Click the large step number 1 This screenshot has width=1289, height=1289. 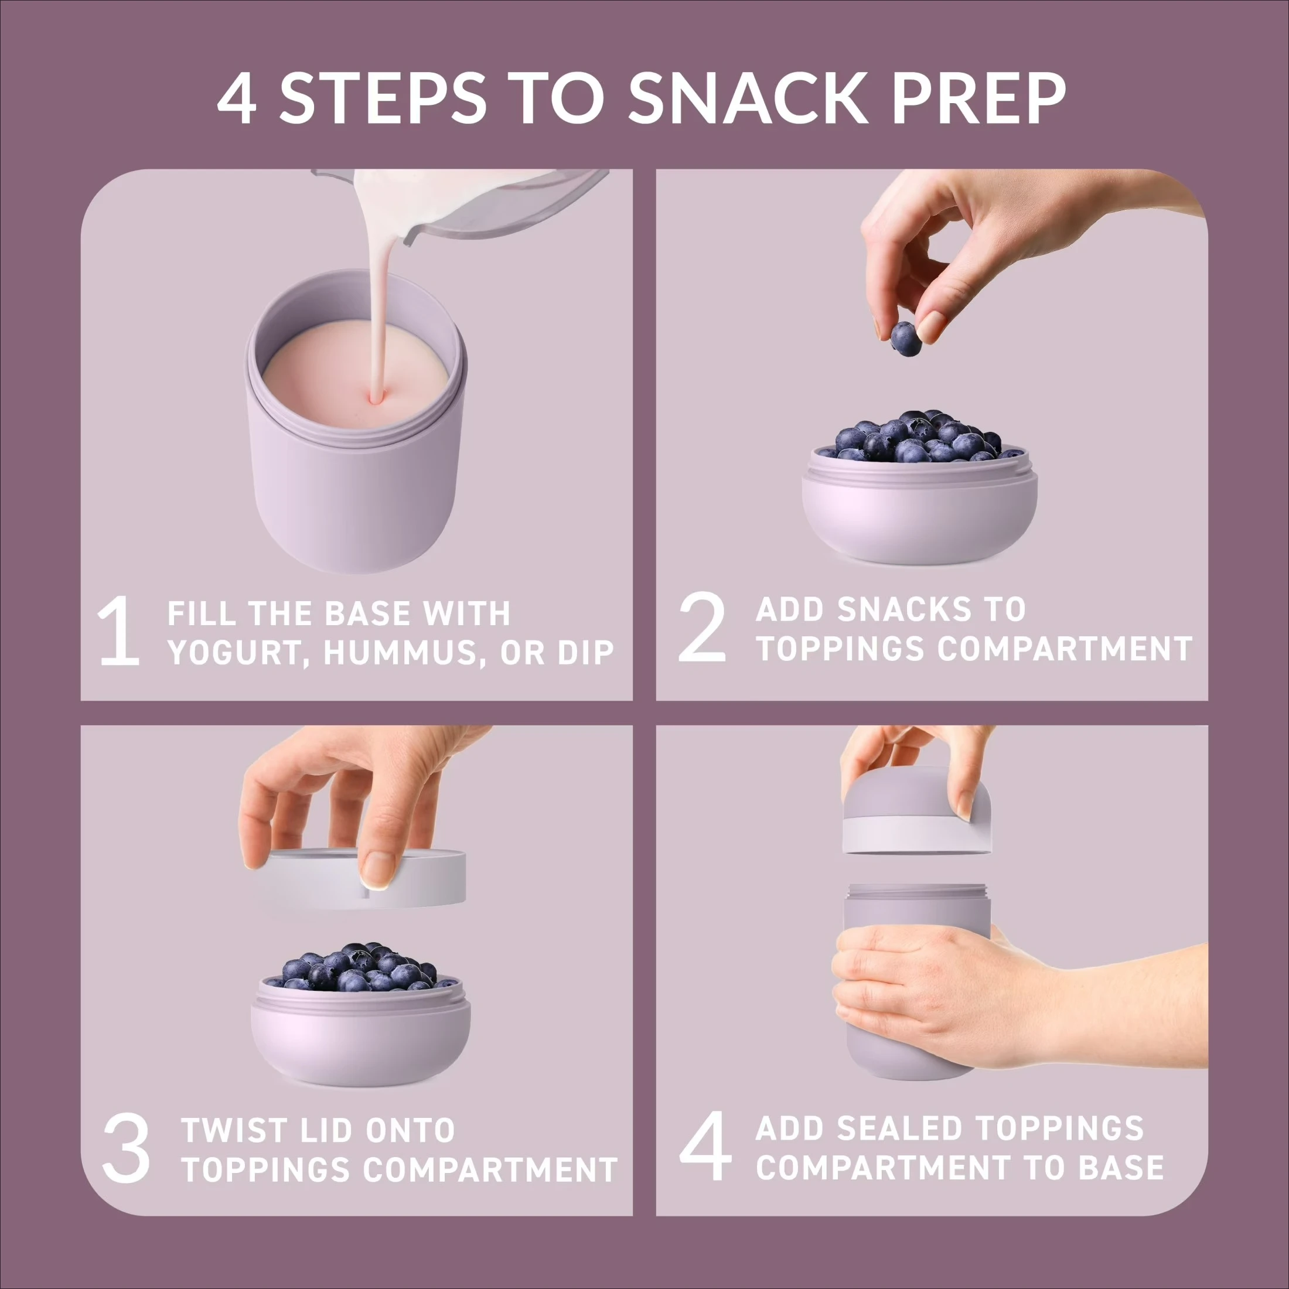[120, 632]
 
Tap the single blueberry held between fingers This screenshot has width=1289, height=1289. [906, 338]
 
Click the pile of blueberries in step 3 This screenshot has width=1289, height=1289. [360, 967]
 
